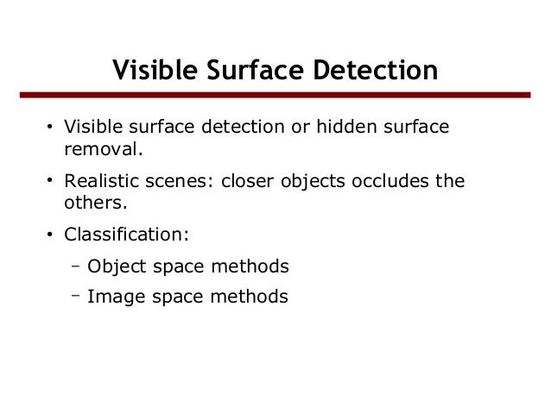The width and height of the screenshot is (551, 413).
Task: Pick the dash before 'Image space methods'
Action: pyautogui.click(x=76, y=296)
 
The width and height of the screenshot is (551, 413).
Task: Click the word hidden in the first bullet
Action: pyautogui.click(x=344, y=129)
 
